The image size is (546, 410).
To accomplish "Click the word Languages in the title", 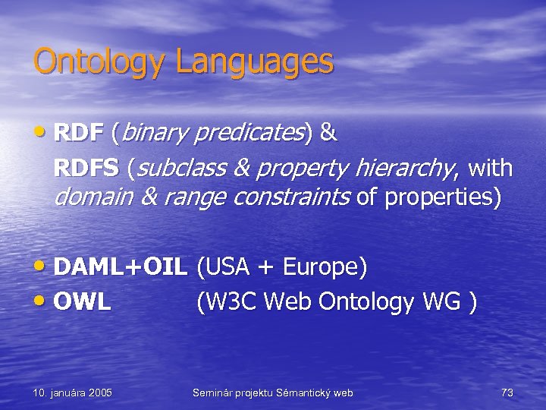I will coord(254,62).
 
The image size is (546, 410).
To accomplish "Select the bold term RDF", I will coord(79,134).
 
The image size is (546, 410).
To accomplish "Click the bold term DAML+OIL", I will coord(121,267).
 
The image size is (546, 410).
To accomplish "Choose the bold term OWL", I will coord(83,301).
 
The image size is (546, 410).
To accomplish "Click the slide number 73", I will coord(507,393).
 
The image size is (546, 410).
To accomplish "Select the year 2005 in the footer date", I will coord(99,393).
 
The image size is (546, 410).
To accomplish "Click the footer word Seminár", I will coord(215,393).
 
